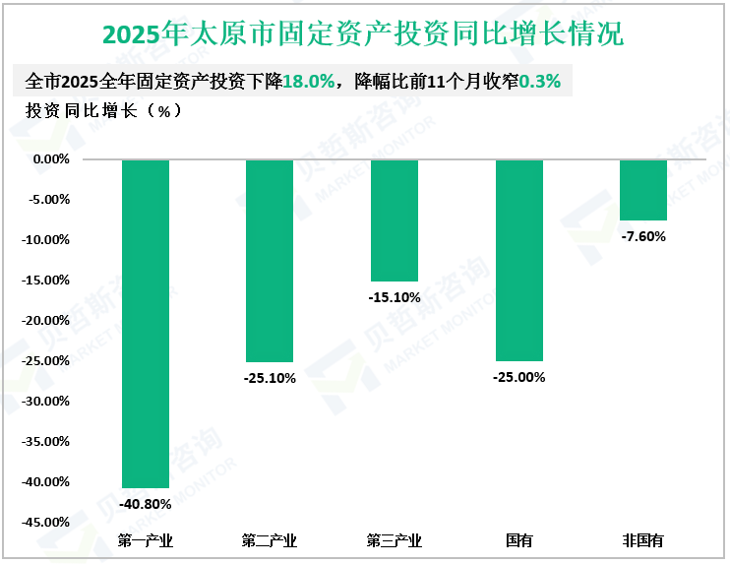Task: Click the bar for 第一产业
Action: [x=145, y=323]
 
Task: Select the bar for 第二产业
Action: [x=269, y=260]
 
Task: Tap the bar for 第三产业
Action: [x=394, y=219]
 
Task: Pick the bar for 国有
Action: [x=518, y=260]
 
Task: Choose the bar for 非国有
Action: [x=643, y=189]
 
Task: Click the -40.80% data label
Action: [x=145, y=504]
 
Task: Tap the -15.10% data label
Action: [x=394, y=296]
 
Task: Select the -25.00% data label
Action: [x=518, y=377]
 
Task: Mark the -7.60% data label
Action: [x=643, y=236]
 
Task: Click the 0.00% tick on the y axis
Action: [x=51, y=158]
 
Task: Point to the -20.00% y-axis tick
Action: [x=47, y=320]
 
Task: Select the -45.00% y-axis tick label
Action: [x=47, y=522]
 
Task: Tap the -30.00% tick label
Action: [x=47, y=401]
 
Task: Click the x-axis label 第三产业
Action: [x=394, y=540]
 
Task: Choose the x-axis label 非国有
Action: [x=643, y=540]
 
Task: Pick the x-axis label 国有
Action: [x=518, y=540]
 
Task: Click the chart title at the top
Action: [x=364, y=34]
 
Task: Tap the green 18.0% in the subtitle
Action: [x=308, y=82]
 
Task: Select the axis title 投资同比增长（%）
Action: [x=103, y=110]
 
